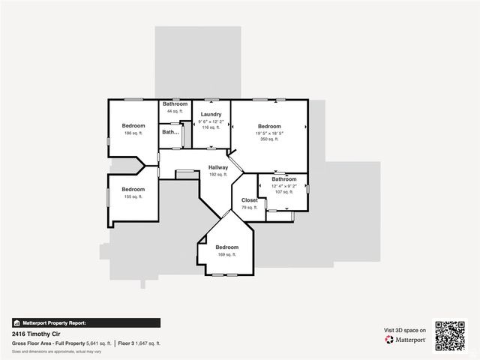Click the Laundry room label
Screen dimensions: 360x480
click(211, 114)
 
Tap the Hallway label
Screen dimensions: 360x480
click(218, 167)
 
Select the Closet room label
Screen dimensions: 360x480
click(249, 200)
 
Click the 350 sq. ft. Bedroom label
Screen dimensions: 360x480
click(269, 126)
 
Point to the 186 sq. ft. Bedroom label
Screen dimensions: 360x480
click(133, 126)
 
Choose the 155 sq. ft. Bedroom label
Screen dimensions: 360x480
click(133, 189)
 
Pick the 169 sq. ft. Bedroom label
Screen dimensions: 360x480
click(226, 247)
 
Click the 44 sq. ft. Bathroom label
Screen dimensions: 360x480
click(175, 103)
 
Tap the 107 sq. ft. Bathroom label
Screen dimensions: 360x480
click(283, 179)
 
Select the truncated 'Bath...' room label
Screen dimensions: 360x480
click(170, 131)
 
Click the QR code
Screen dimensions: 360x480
click(450, 335)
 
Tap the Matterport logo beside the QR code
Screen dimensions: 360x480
click(406, 340)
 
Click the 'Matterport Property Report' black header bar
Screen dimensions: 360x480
click(85, 322)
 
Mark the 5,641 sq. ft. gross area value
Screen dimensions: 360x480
click(99, 343)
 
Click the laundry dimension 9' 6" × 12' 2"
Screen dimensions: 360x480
click(211, 121)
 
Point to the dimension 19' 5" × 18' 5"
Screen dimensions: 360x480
click(269, 133)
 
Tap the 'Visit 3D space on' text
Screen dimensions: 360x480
click(405, 330)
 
